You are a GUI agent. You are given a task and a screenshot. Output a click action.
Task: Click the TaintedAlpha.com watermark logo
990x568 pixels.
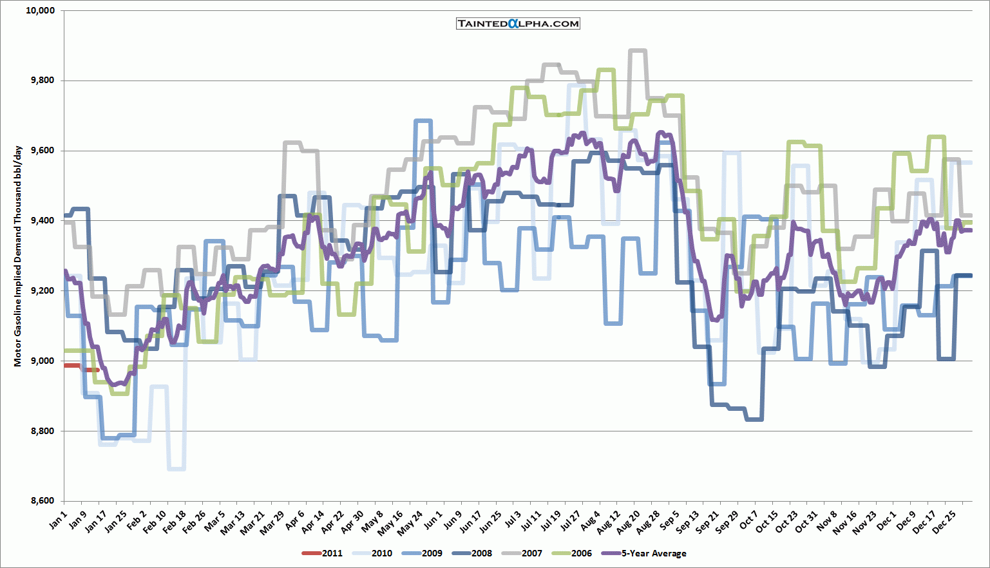coord(518,24)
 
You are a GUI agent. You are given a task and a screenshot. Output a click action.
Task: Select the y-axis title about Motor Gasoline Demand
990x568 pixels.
coord(18,256)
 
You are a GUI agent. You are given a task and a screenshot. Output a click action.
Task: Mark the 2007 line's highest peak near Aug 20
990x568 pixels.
coord(637,50)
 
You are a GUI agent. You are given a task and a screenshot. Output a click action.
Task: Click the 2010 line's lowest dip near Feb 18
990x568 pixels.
coord(176,468)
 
